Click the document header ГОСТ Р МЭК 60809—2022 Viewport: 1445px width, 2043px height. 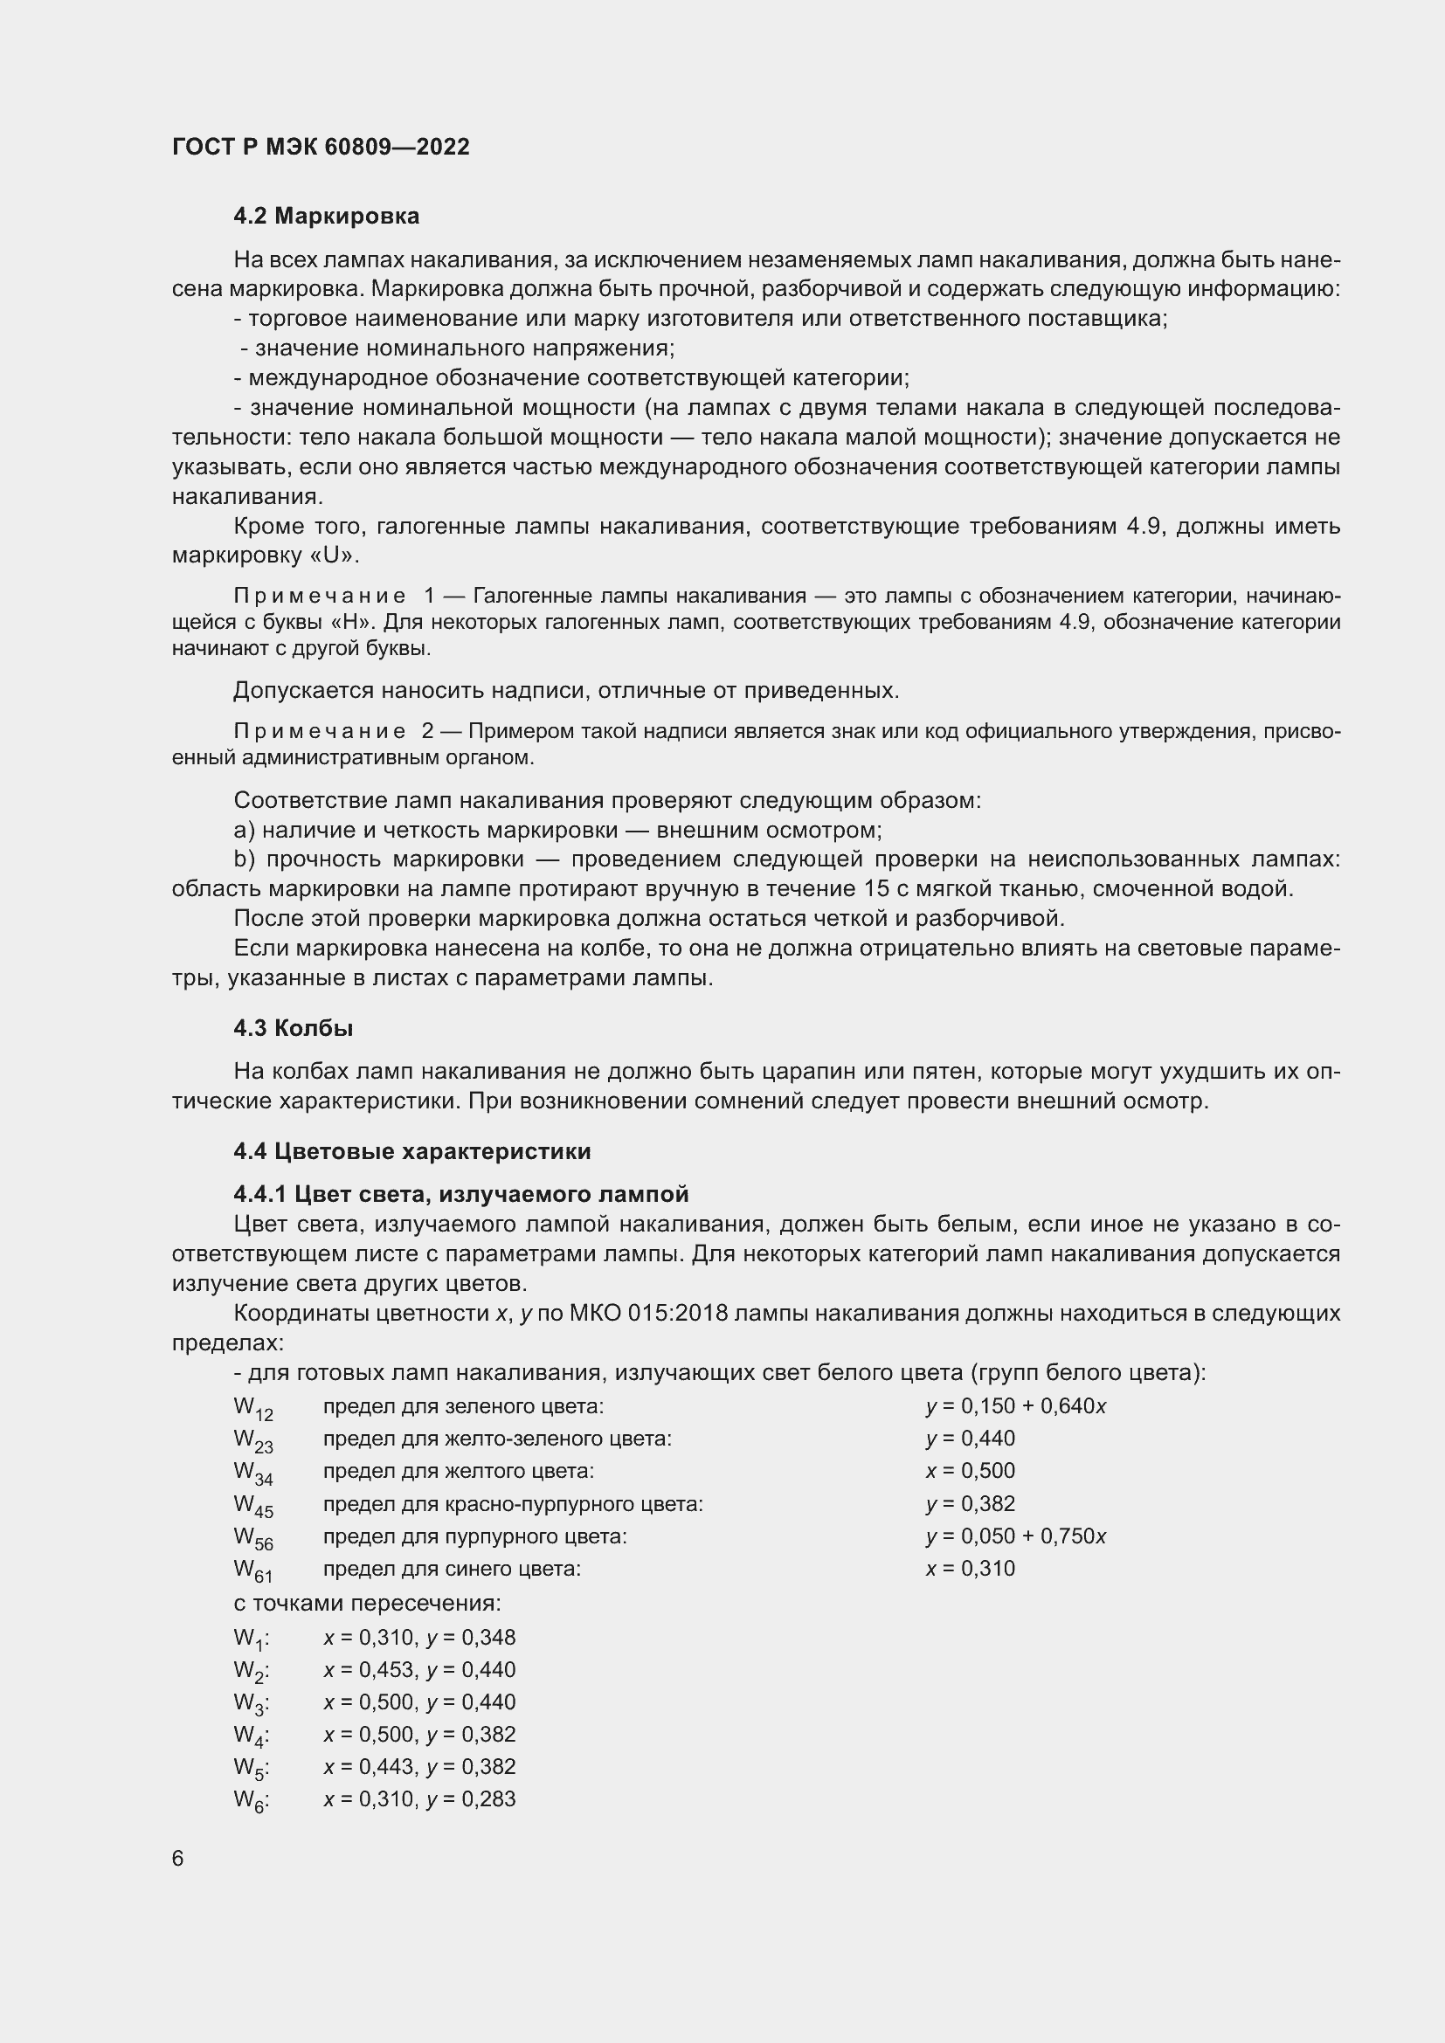[x=321, y=148]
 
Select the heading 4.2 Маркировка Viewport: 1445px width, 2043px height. [x=327, y=216]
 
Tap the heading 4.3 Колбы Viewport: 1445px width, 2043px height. [x=294, y=1028]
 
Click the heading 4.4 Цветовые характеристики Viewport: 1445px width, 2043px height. [x=412, y=1151]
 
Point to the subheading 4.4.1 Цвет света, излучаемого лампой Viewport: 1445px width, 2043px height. [x=461, y=1194]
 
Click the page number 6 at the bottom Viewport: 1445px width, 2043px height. [x=178, y=1858]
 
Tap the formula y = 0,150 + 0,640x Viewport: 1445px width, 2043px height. [x=1015, y=1406]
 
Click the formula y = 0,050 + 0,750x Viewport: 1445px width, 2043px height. [x=1015, y=1536]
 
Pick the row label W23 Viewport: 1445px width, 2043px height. [x=252, y=1439]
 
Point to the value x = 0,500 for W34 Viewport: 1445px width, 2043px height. [x=970, y=1471]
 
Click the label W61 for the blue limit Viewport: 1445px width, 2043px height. [x=252, y=1570]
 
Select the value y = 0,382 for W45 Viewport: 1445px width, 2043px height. [x=970, y=1504]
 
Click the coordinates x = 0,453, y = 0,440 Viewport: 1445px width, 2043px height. [x=419, y=1669]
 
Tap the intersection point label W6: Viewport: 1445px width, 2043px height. [x=252, y=1799]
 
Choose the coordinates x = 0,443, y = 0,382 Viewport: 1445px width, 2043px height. [x=419, y=1766]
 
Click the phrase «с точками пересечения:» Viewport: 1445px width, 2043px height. [x=368, y=1604]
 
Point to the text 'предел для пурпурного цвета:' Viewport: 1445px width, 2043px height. [x=474, y=1536]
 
